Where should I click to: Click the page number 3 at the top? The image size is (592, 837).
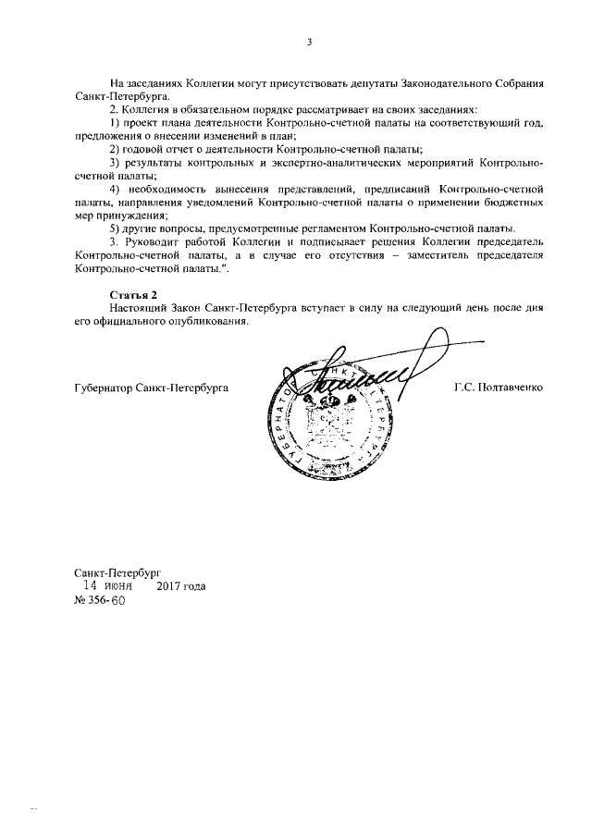310,42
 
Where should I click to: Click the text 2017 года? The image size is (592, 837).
181,586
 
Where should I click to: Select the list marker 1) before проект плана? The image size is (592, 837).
115,123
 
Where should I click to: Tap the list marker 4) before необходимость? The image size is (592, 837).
115,189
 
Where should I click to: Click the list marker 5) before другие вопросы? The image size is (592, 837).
115,228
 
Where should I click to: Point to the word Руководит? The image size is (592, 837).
154,241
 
